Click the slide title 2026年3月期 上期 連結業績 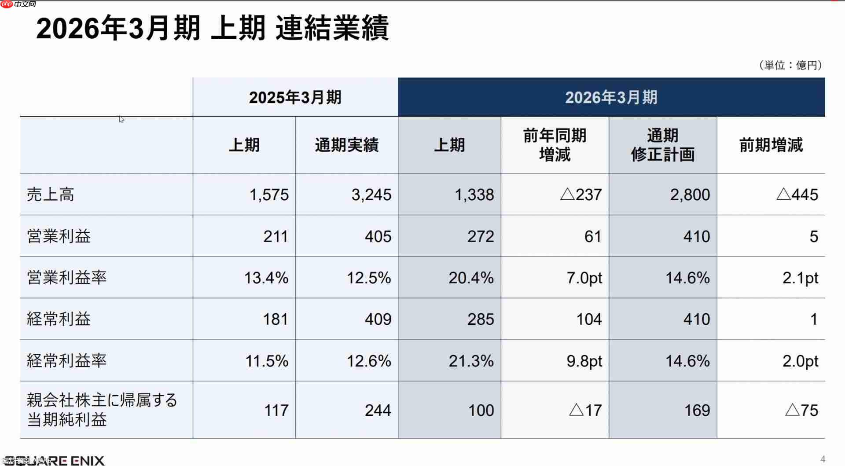tap(212, 28)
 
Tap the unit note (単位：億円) tap(790, 65)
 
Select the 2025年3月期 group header tap(295, 97)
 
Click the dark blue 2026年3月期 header tap(611, 97)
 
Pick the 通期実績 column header tap(346, 145)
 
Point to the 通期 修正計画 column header tap(662, 145)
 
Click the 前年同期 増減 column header tap(555, 145)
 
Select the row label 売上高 tap(51, 194)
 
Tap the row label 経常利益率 tap(66, 360)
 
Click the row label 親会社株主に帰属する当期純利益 tap(102, 410)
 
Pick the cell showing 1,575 tap(269, 194)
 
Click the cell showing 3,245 tap(371, 194)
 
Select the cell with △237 tap(580, 194)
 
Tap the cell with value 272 tap(481, 236)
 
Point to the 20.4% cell tap(471, 278)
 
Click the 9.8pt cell tap(584, 361)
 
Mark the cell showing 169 tap(697, 410)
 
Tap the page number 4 tap(823, 459)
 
